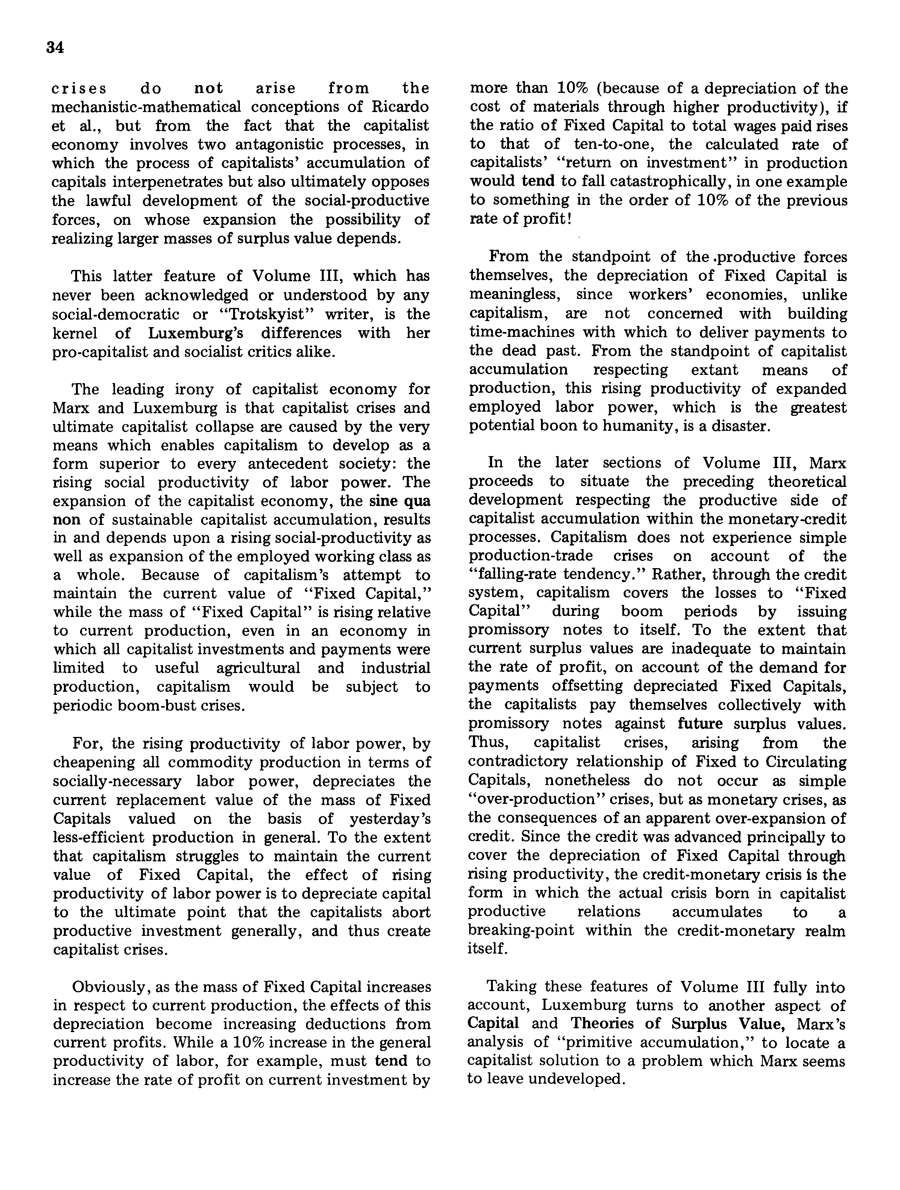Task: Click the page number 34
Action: coord(55,49)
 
